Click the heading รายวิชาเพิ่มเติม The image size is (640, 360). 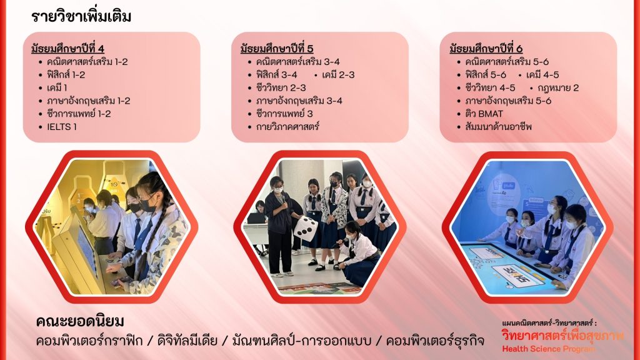81,17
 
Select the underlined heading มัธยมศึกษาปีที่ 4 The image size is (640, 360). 67,49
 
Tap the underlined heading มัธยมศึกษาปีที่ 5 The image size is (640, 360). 277,49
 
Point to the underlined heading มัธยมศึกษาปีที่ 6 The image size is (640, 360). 486,49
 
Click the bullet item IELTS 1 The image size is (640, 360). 62,126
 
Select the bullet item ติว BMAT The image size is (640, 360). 484,114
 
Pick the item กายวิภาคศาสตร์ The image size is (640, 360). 287,126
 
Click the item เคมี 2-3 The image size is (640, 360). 338,75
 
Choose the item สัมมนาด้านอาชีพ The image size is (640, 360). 498,126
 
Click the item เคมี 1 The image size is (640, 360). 57,87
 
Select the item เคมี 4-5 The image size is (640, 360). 542,75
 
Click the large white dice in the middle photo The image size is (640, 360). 305,229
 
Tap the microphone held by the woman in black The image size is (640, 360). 283,199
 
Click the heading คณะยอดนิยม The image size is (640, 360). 80,322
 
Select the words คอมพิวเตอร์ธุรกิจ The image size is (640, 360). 435,340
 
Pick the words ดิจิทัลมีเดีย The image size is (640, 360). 187,340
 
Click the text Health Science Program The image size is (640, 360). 549,349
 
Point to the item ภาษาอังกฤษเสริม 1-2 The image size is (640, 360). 89,101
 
